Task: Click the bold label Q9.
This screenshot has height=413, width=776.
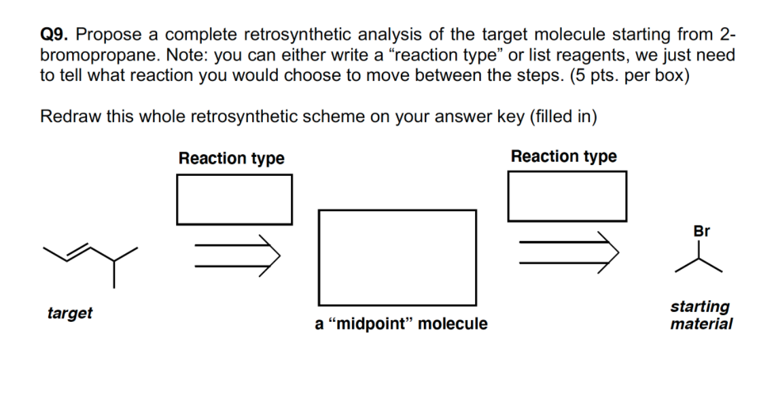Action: pyautogui.click(x=54, y=34)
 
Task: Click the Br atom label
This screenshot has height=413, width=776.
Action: pyautogui.click(x=702, y=231)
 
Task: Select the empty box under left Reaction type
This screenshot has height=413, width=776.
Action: pyautogui.click(x=234, y=199)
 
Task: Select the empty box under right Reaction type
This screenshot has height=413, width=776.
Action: pyautogui.click(x=567, y=196)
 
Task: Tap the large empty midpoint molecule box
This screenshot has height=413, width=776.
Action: pyautogui.click(x=397, y=257)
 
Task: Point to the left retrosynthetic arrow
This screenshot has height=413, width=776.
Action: pyautogui.click(x=236, y=255)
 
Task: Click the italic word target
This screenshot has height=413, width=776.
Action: pyautogui.click(x=70, y=313)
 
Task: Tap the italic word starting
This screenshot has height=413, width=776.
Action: pyautogui.click(x=700, y=307)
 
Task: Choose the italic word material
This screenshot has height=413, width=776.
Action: pyautogui.click(x=701, y=324)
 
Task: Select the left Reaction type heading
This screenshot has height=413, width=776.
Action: pyautogui.click(x=231, y=158)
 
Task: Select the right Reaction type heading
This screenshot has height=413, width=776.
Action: pyautogui.click(x=564, y=156)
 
